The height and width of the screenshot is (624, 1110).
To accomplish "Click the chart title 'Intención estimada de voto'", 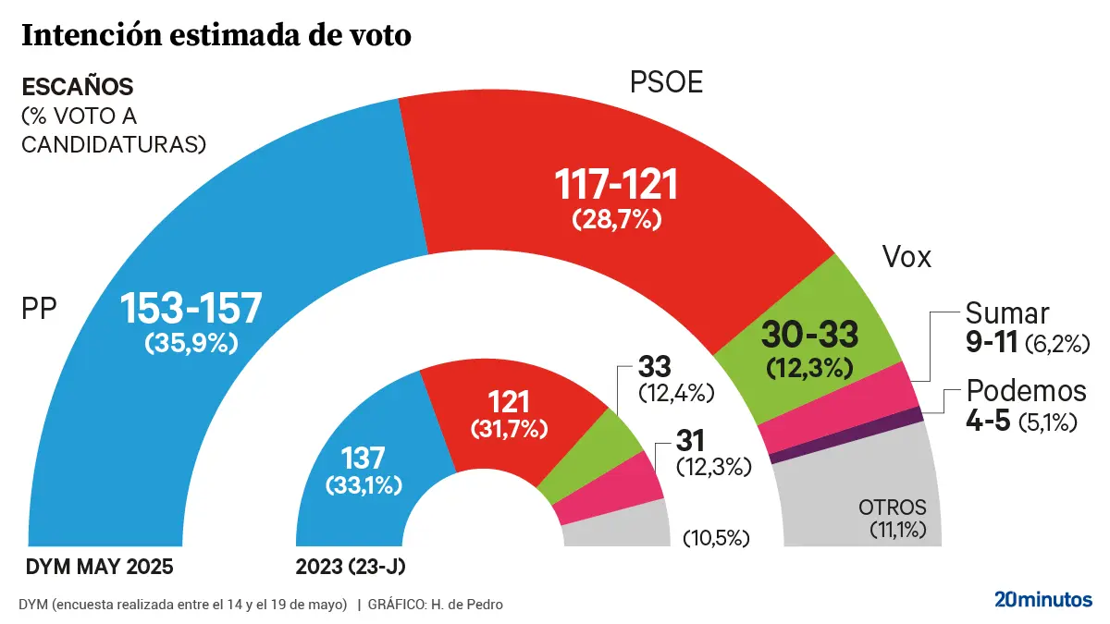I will pyautogui.click(x=216, y=36).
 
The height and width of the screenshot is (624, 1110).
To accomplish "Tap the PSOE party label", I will pyautogui.click(x=666, y=83).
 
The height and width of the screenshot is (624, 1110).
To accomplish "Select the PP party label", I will pyautogui.click(x=40, y=309).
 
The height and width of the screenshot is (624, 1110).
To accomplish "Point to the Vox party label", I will pyautogui.click(x=906, y=258).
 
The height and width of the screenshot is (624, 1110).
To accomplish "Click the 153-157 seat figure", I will pyautogui.click(x=191, y=308).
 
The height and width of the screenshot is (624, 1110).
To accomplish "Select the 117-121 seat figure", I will pyautogui.click(x=616, y=186).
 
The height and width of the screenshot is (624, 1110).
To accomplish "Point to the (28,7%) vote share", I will pyautogui.click(x=616, y=220).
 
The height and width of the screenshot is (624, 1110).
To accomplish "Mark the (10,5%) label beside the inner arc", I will pyautogui.click(x=715, y=538).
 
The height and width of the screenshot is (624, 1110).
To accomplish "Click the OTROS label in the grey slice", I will pyautogui.click(x=892, y=508).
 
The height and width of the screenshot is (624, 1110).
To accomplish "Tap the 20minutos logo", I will pyautogui.click(x=1042, y=599).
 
